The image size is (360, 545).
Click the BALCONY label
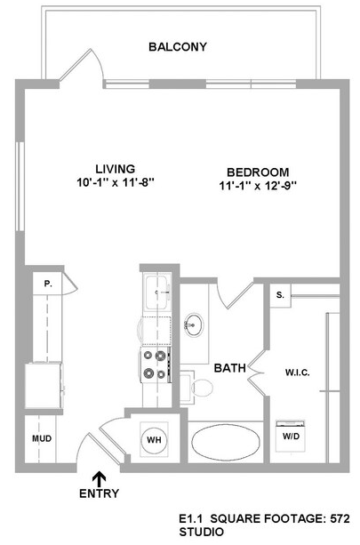(178, 47)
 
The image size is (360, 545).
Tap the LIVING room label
(116, 169)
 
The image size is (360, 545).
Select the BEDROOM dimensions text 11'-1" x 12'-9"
(258, 186)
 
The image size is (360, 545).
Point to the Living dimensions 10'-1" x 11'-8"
(116, 182)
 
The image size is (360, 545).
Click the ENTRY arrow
(99, 478)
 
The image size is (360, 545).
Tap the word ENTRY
(99, 493)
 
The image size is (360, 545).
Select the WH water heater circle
(155, 440)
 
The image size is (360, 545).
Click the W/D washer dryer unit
(291, 436)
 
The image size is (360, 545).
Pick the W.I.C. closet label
(298, 373)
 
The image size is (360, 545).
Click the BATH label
(229, 368)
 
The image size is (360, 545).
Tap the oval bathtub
(226, 441)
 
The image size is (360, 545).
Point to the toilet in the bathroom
(197, 388)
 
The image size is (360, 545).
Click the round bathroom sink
(194, 325)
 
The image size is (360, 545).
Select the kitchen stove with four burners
(156, 365)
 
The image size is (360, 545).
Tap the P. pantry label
(48, 284)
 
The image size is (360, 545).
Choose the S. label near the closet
(280, 295)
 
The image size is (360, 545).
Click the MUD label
(42, 438)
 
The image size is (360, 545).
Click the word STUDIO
(202, 532)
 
